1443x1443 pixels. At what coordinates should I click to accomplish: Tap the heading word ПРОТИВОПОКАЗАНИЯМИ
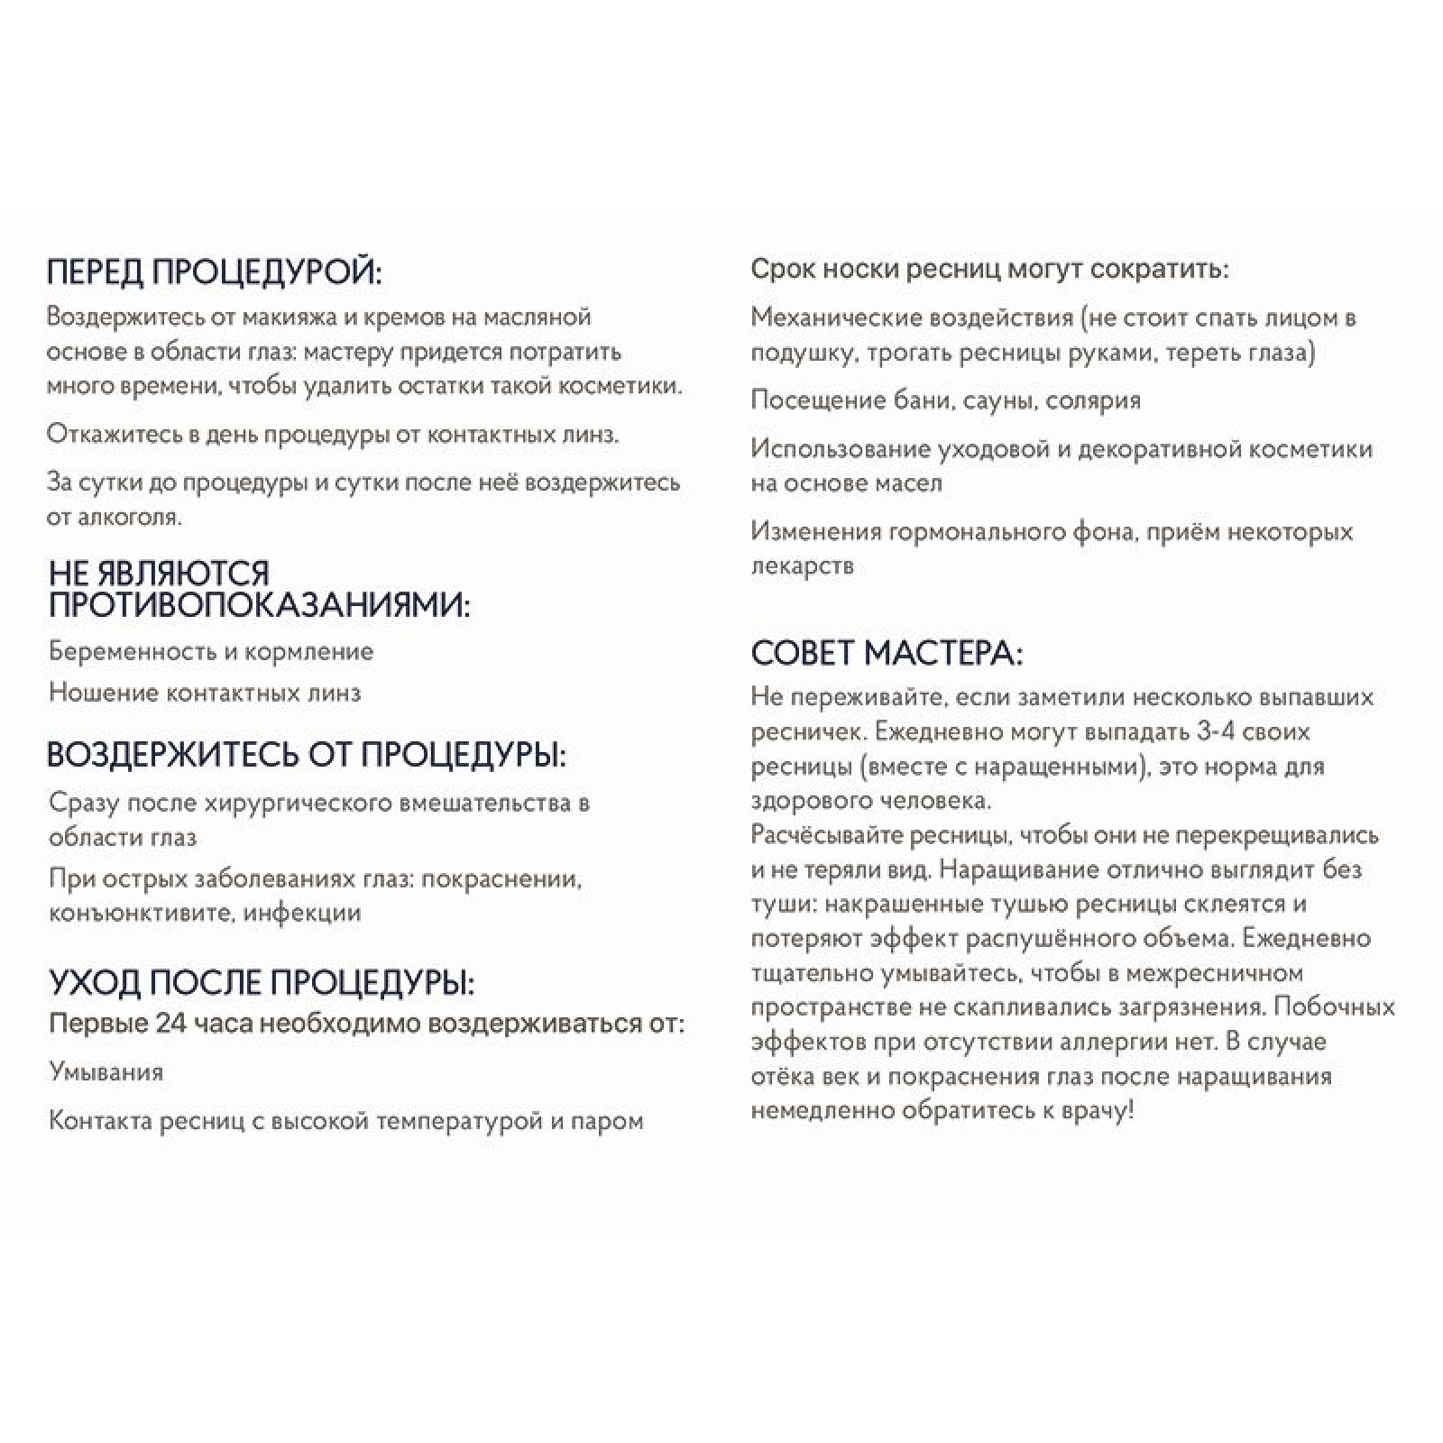pos(260,604)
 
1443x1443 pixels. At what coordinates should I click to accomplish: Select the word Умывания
pos(106,1072)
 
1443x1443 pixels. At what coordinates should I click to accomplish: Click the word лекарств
pos(803,565)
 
